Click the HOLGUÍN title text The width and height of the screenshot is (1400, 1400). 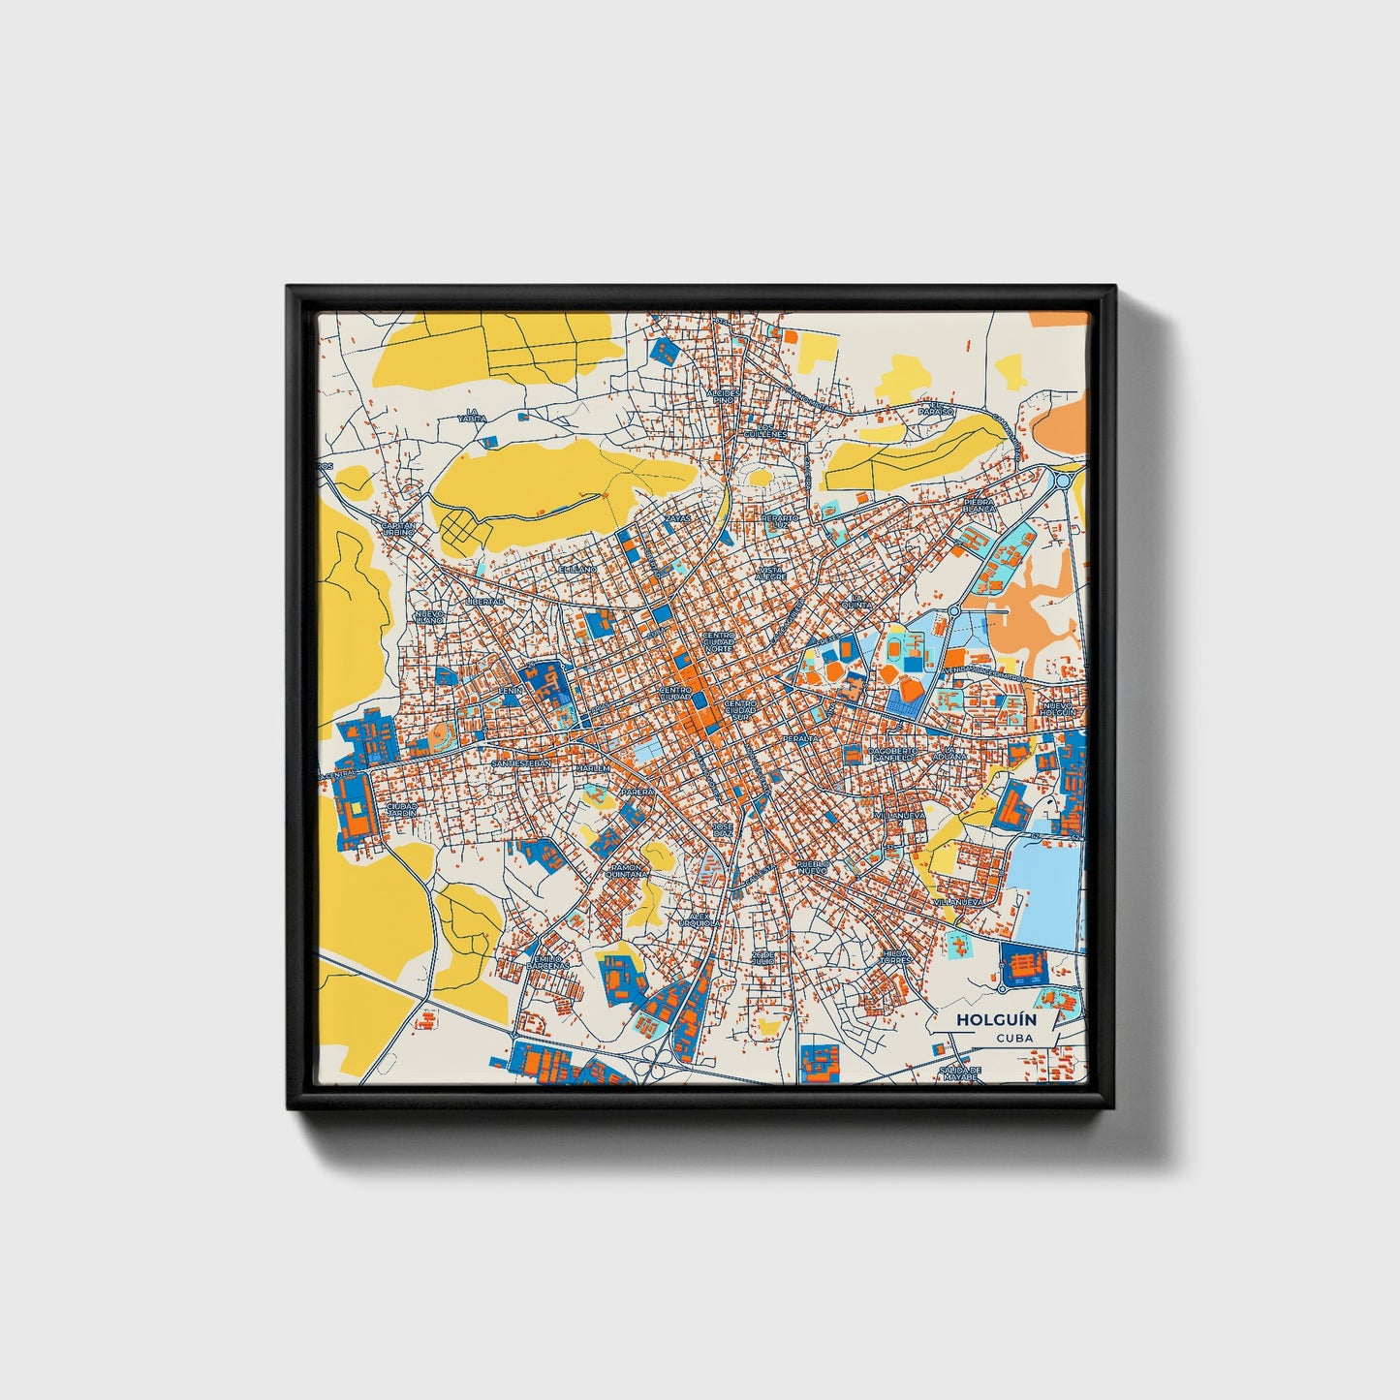click(982, 1019)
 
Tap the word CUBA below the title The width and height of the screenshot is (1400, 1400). click(1013, 1039)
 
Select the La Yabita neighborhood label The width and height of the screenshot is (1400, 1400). click(472, 416)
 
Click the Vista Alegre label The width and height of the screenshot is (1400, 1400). click(772, 573)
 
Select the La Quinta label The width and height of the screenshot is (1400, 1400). click(856, 602)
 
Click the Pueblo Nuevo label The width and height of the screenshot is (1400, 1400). click(812, 866)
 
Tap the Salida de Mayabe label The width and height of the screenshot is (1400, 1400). click(962, 1073)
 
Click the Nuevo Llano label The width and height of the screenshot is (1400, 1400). click(428, 616)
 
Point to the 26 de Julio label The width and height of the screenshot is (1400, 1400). click(764, 957)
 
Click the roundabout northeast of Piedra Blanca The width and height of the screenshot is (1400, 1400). click(1063, 480)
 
